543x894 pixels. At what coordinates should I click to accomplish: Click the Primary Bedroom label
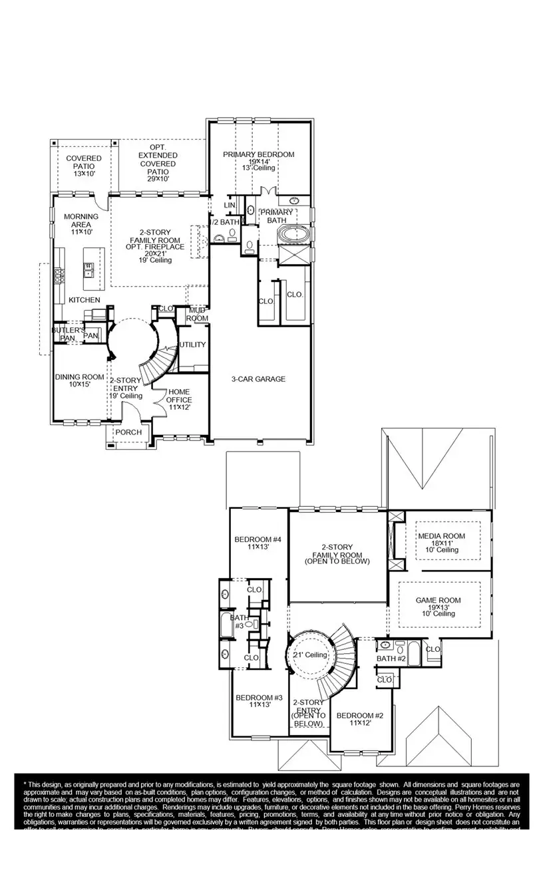coord(258,155)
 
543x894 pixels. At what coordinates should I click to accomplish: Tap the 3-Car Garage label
coord(258,379)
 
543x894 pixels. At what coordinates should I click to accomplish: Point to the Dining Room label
coord(79,377)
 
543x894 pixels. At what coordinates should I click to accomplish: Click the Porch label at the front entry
coord(128,432)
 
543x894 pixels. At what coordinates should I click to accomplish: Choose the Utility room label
coord(192,345)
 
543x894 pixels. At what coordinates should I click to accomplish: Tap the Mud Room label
coord(198,314)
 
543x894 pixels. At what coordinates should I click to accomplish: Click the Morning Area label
coord(81,220)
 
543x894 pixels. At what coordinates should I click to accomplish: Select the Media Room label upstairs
coord(441,536)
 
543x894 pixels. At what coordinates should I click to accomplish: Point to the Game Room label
coord(438,600)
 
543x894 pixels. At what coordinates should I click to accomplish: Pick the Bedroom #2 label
coord(359,716)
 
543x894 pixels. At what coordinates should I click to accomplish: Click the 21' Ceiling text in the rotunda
coord(310,655)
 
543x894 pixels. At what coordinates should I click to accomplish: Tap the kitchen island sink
coord(89,269)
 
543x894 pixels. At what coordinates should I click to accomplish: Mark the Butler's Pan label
coord(69,333)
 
